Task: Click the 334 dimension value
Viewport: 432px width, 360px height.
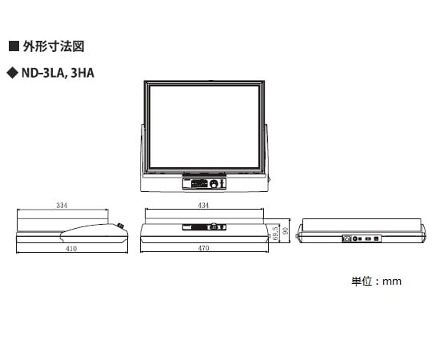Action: pos(62,206)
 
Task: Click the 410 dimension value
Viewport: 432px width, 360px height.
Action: pos(71,249)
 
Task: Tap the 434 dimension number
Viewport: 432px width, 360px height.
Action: pos(203,206)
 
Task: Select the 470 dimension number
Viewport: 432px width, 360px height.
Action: pos(204,248)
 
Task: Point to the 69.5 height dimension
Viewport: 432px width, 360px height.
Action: pos(275,234)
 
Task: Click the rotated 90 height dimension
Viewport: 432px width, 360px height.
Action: pos(286,231)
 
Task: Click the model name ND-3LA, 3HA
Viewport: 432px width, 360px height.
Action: pos(58,74)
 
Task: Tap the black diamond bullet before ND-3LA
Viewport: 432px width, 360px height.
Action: pos(12,74)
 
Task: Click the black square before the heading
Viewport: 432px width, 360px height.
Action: pos(14,46)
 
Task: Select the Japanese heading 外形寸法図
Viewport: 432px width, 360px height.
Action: pos(54,46)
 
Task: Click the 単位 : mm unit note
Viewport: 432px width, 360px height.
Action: pos(376,282)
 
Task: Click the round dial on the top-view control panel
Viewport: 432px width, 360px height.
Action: pos(214,184)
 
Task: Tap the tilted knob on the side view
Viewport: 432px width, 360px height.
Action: pos(120,226)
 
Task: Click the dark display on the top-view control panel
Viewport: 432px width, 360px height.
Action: pos(199,183)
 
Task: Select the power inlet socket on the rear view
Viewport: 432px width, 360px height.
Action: pos(347,238)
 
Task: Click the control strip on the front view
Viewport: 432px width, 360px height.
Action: pos(204,227)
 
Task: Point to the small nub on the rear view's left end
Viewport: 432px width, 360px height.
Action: pos(297,236)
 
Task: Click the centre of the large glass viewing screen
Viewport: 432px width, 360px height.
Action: pos(204,127)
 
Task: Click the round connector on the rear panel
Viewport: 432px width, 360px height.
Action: pos(355,239)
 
